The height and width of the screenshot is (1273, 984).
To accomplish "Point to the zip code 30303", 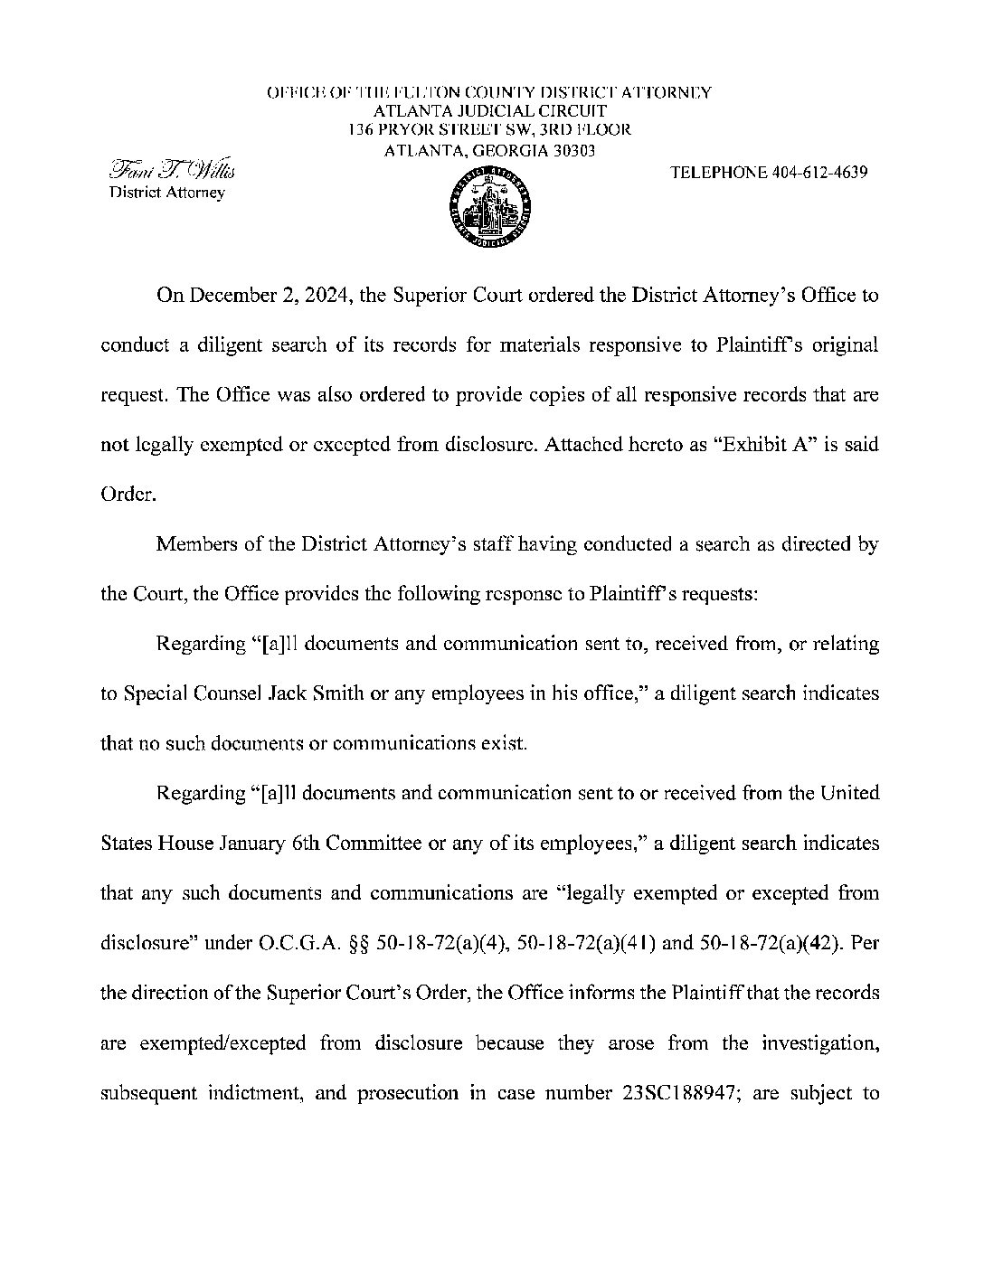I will [573, 151].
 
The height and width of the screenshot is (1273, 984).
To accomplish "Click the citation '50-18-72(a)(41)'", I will [587, 943].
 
